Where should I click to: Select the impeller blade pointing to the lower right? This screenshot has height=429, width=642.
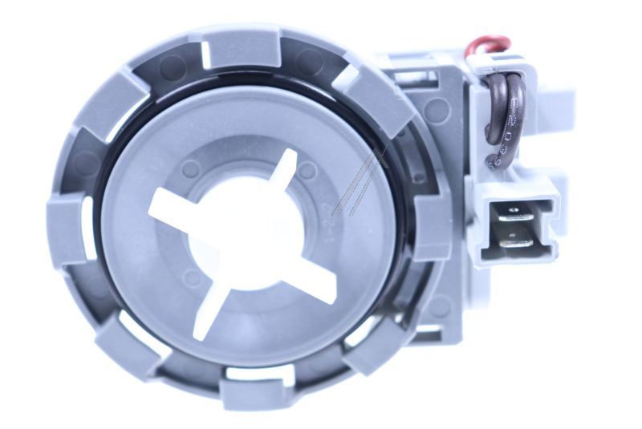pyautogui.click(x=317, y=281)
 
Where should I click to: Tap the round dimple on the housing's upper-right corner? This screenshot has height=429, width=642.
pyautogui.click(x=437, y=110)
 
